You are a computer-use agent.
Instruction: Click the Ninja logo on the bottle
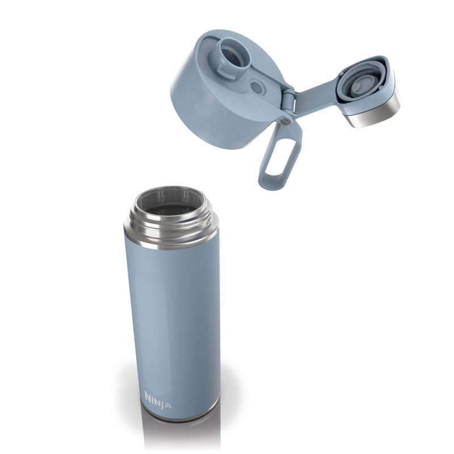[x=158, y=401]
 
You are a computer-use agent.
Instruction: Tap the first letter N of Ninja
[x=148, y=396]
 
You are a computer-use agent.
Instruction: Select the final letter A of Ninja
[x=169, y=405]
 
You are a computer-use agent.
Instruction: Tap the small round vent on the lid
[x=257, y=87]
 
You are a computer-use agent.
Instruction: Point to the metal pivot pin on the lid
[x=286, y=121]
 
